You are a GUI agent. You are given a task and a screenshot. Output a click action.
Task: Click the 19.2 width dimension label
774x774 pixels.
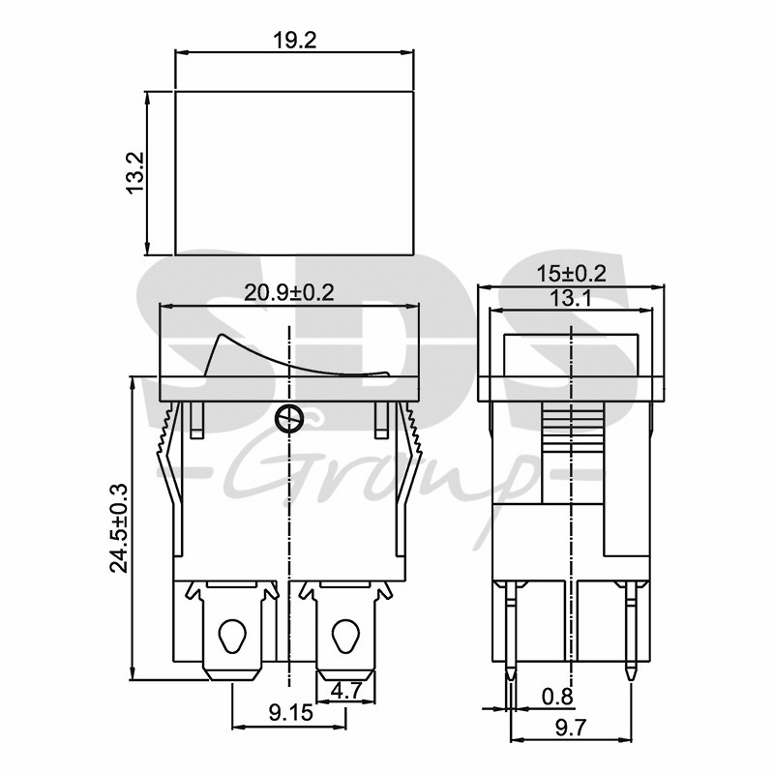coord(295,41)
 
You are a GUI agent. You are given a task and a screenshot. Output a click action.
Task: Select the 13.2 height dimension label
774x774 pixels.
coord(134,173)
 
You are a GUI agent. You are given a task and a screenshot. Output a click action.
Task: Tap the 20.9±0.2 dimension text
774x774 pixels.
coord(289,293)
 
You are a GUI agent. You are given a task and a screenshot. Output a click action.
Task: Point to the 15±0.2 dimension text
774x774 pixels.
coord(571,274)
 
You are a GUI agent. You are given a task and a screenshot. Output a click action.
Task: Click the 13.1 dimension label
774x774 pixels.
coord(570,298)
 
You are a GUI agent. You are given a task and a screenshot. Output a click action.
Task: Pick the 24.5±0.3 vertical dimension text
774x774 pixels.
coord(119,528)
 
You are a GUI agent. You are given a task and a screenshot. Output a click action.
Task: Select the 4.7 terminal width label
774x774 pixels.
coord(345,690)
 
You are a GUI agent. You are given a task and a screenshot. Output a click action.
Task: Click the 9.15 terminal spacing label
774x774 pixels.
coord(291,712)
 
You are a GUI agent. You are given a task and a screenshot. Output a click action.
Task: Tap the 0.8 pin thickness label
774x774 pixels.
coord(557,697)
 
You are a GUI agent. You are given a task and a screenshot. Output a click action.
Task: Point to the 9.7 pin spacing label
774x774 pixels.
coord(571,728)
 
